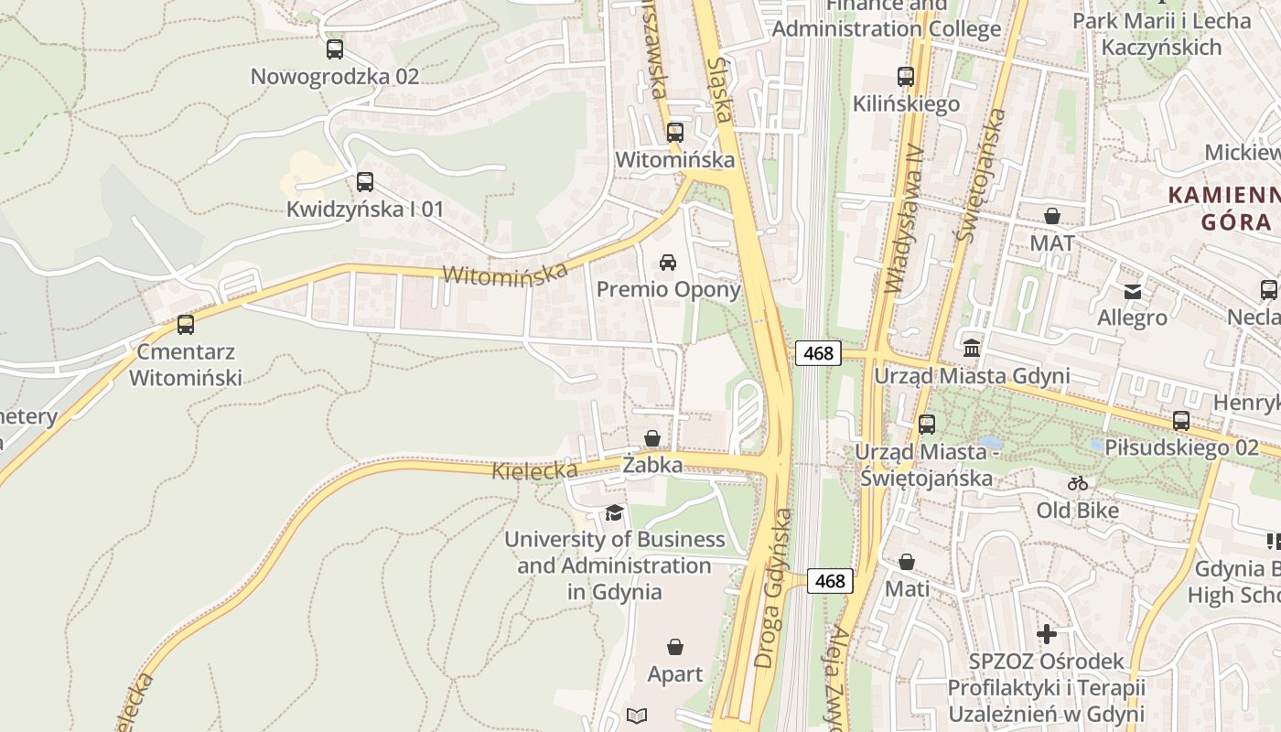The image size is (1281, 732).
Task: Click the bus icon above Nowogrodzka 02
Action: (x=335, y=49)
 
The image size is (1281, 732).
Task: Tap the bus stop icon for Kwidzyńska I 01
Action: (x=365, y=182)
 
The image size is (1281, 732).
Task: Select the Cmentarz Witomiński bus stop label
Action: (x=186, y=364)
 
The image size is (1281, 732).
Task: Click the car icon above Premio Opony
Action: (x=668, y=263)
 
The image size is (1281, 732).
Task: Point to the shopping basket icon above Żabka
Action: (x=652, y=438)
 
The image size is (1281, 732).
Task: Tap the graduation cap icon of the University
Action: (x=614, y=512)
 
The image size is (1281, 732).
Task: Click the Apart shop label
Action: (x=675, y=674)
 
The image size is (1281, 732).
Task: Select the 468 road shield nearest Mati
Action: (x=830, y=581)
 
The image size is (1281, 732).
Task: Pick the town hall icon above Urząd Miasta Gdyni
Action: (x=972, y=349)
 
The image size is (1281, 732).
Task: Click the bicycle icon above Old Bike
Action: (x=1078, y=483)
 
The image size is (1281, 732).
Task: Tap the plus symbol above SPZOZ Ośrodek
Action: (x=1047, y=633)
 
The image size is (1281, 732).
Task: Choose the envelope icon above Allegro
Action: (x=1133, y=292)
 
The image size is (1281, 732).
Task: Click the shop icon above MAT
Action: (x=1052, y=217)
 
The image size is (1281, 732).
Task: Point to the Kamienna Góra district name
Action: (x=1224, y=208)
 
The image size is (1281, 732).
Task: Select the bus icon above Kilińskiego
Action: (x=906, y=77)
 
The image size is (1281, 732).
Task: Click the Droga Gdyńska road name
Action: (x=773, y=587)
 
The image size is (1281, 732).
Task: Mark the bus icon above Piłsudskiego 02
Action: (x=1181, y=421)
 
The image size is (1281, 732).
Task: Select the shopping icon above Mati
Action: (x=907, y=562)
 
